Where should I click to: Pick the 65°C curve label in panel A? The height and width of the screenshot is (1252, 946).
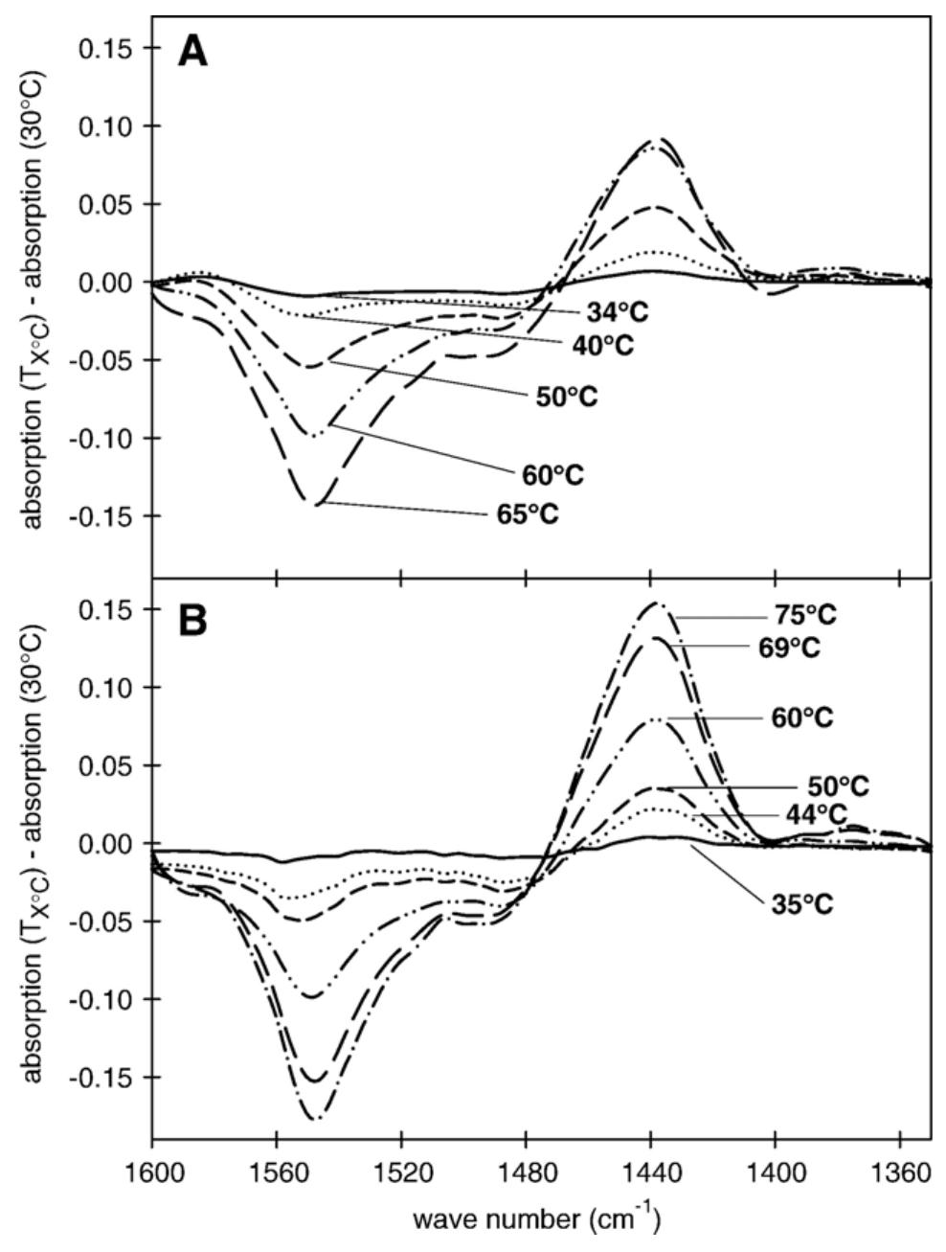[526, 514]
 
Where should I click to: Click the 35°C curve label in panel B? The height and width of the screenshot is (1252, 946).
[801, 902]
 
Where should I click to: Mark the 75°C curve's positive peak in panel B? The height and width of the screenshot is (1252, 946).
[656, 603]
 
